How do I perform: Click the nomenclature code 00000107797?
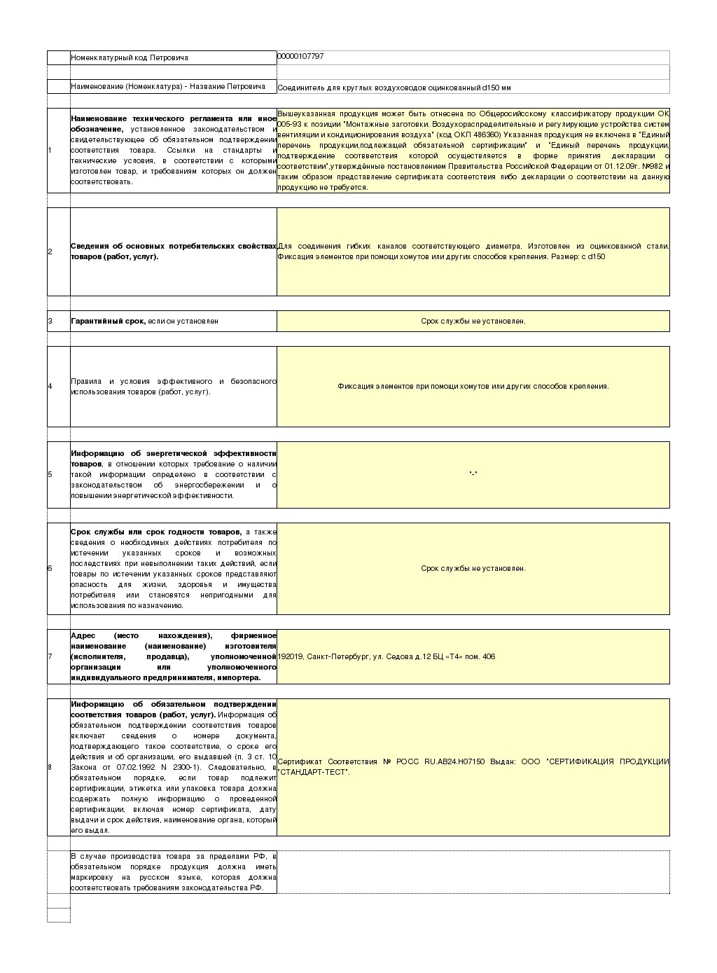tap(300, 56)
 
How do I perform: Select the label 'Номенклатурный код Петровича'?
tap(130, 57)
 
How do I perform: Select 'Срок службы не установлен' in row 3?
tap(473, 321)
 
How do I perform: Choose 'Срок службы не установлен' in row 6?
tap(473, 568)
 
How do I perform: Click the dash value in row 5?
tap(473, 474)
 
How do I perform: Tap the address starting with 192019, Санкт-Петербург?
tap(387, 656)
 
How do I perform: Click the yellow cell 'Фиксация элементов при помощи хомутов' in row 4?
tap(473, 386)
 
